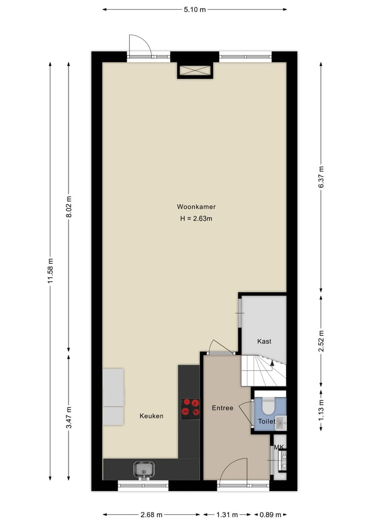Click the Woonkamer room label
point(196,207)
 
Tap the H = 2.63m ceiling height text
point(196,218)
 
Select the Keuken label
point(151,416)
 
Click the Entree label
point(223,408)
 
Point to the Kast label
point(264,341)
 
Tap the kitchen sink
point(143,469)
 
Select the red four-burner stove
point(190,407)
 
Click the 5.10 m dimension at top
point(195,9)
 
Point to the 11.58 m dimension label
point(50,271)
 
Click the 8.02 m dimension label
point(69,207)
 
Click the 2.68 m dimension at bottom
point(151,514)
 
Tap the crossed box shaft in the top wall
point(195,71)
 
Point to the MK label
point(279,447)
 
